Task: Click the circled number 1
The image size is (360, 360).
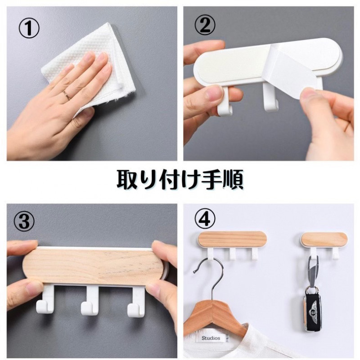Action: tap(29, 28)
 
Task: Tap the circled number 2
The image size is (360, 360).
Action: tap(205, 25)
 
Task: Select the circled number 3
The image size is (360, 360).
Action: tap(24, 221)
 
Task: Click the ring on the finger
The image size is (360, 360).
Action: tap(67, 95)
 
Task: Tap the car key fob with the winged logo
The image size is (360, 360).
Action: tap(313, 309)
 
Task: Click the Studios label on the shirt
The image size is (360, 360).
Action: tap(211, 338)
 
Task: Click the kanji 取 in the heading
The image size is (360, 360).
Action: tap(126, 180)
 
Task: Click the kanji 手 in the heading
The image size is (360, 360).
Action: tap(211, 180)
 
